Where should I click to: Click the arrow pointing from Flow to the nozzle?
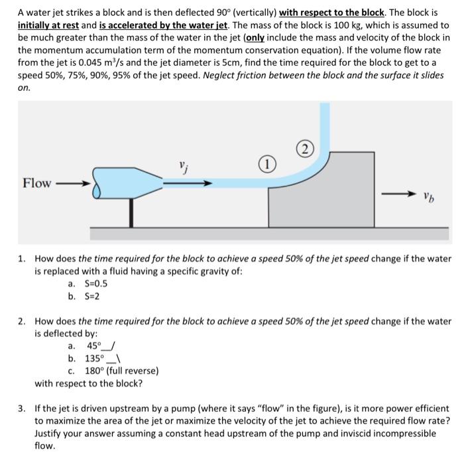(x=70, y=183)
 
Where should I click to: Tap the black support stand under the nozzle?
(x=132, y=210)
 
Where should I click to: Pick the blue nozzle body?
(x=129, y=183)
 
